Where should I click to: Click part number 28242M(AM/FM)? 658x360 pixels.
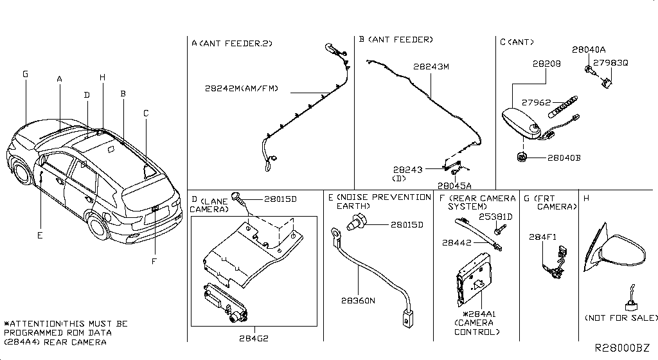(x=242, y=88)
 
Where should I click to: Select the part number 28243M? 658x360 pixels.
(x=431, y=66)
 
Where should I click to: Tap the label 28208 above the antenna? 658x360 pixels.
(x=546, y=64)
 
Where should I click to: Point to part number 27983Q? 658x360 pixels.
(x=610, y=64)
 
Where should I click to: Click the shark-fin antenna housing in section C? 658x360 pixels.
(x=521, y=123)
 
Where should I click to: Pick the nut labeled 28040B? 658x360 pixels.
(x=521, y=156)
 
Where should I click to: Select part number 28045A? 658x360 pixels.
(x=459, y=185)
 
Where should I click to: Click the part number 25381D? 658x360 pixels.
(x=496, y=217)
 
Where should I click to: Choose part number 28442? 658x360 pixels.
(x=456, y=242)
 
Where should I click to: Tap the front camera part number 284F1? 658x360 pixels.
(x=542, y=237)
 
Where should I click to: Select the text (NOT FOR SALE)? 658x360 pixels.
(x=621, y=318)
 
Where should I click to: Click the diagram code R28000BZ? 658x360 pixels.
(x=621, y=348)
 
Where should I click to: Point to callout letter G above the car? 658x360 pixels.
(x=25, y=75)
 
